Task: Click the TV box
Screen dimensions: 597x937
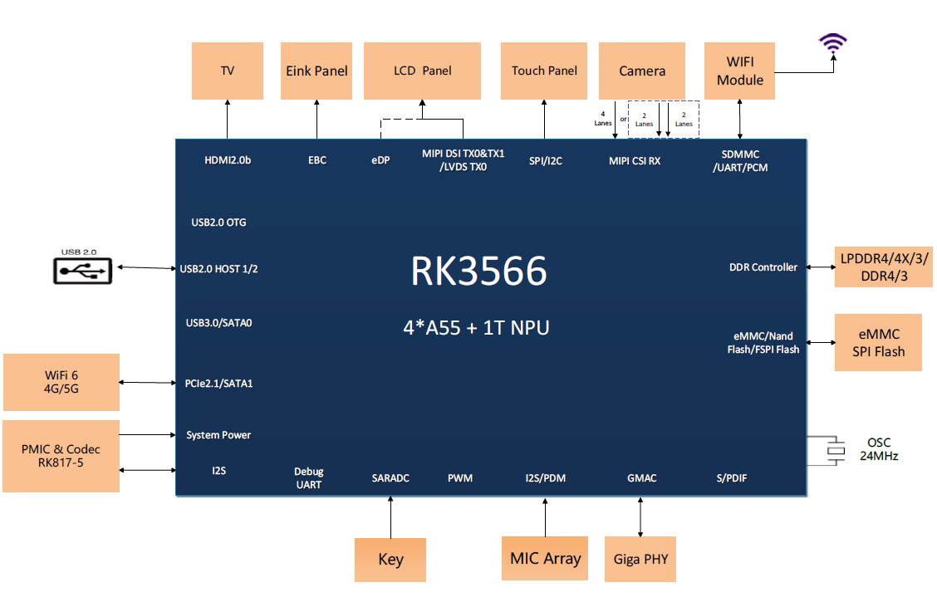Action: [227, 71]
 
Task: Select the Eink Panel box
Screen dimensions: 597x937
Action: [316, 71]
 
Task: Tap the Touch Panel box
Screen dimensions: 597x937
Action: [544, 71]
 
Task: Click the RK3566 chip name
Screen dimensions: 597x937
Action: [479, 272]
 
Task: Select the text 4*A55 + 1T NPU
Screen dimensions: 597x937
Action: [476, 327]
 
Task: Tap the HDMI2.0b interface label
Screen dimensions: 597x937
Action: [227, 160]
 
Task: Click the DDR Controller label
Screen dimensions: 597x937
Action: [763, 267]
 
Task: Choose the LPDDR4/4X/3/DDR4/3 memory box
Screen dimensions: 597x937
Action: [884, 267]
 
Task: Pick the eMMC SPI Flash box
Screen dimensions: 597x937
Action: [878, 343]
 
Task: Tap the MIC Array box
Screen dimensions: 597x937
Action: [545, 559]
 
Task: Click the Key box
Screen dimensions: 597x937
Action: [390, 560]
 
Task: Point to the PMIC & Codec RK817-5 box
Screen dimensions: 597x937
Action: [61, 456]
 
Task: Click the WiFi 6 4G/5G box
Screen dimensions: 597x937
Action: [61, 382]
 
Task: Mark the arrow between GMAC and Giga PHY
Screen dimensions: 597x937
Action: [640, 516]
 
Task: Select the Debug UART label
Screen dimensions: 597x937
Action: [308, 477]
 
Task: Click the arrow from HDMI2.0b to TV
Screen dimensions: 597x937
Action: [227, 120]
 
